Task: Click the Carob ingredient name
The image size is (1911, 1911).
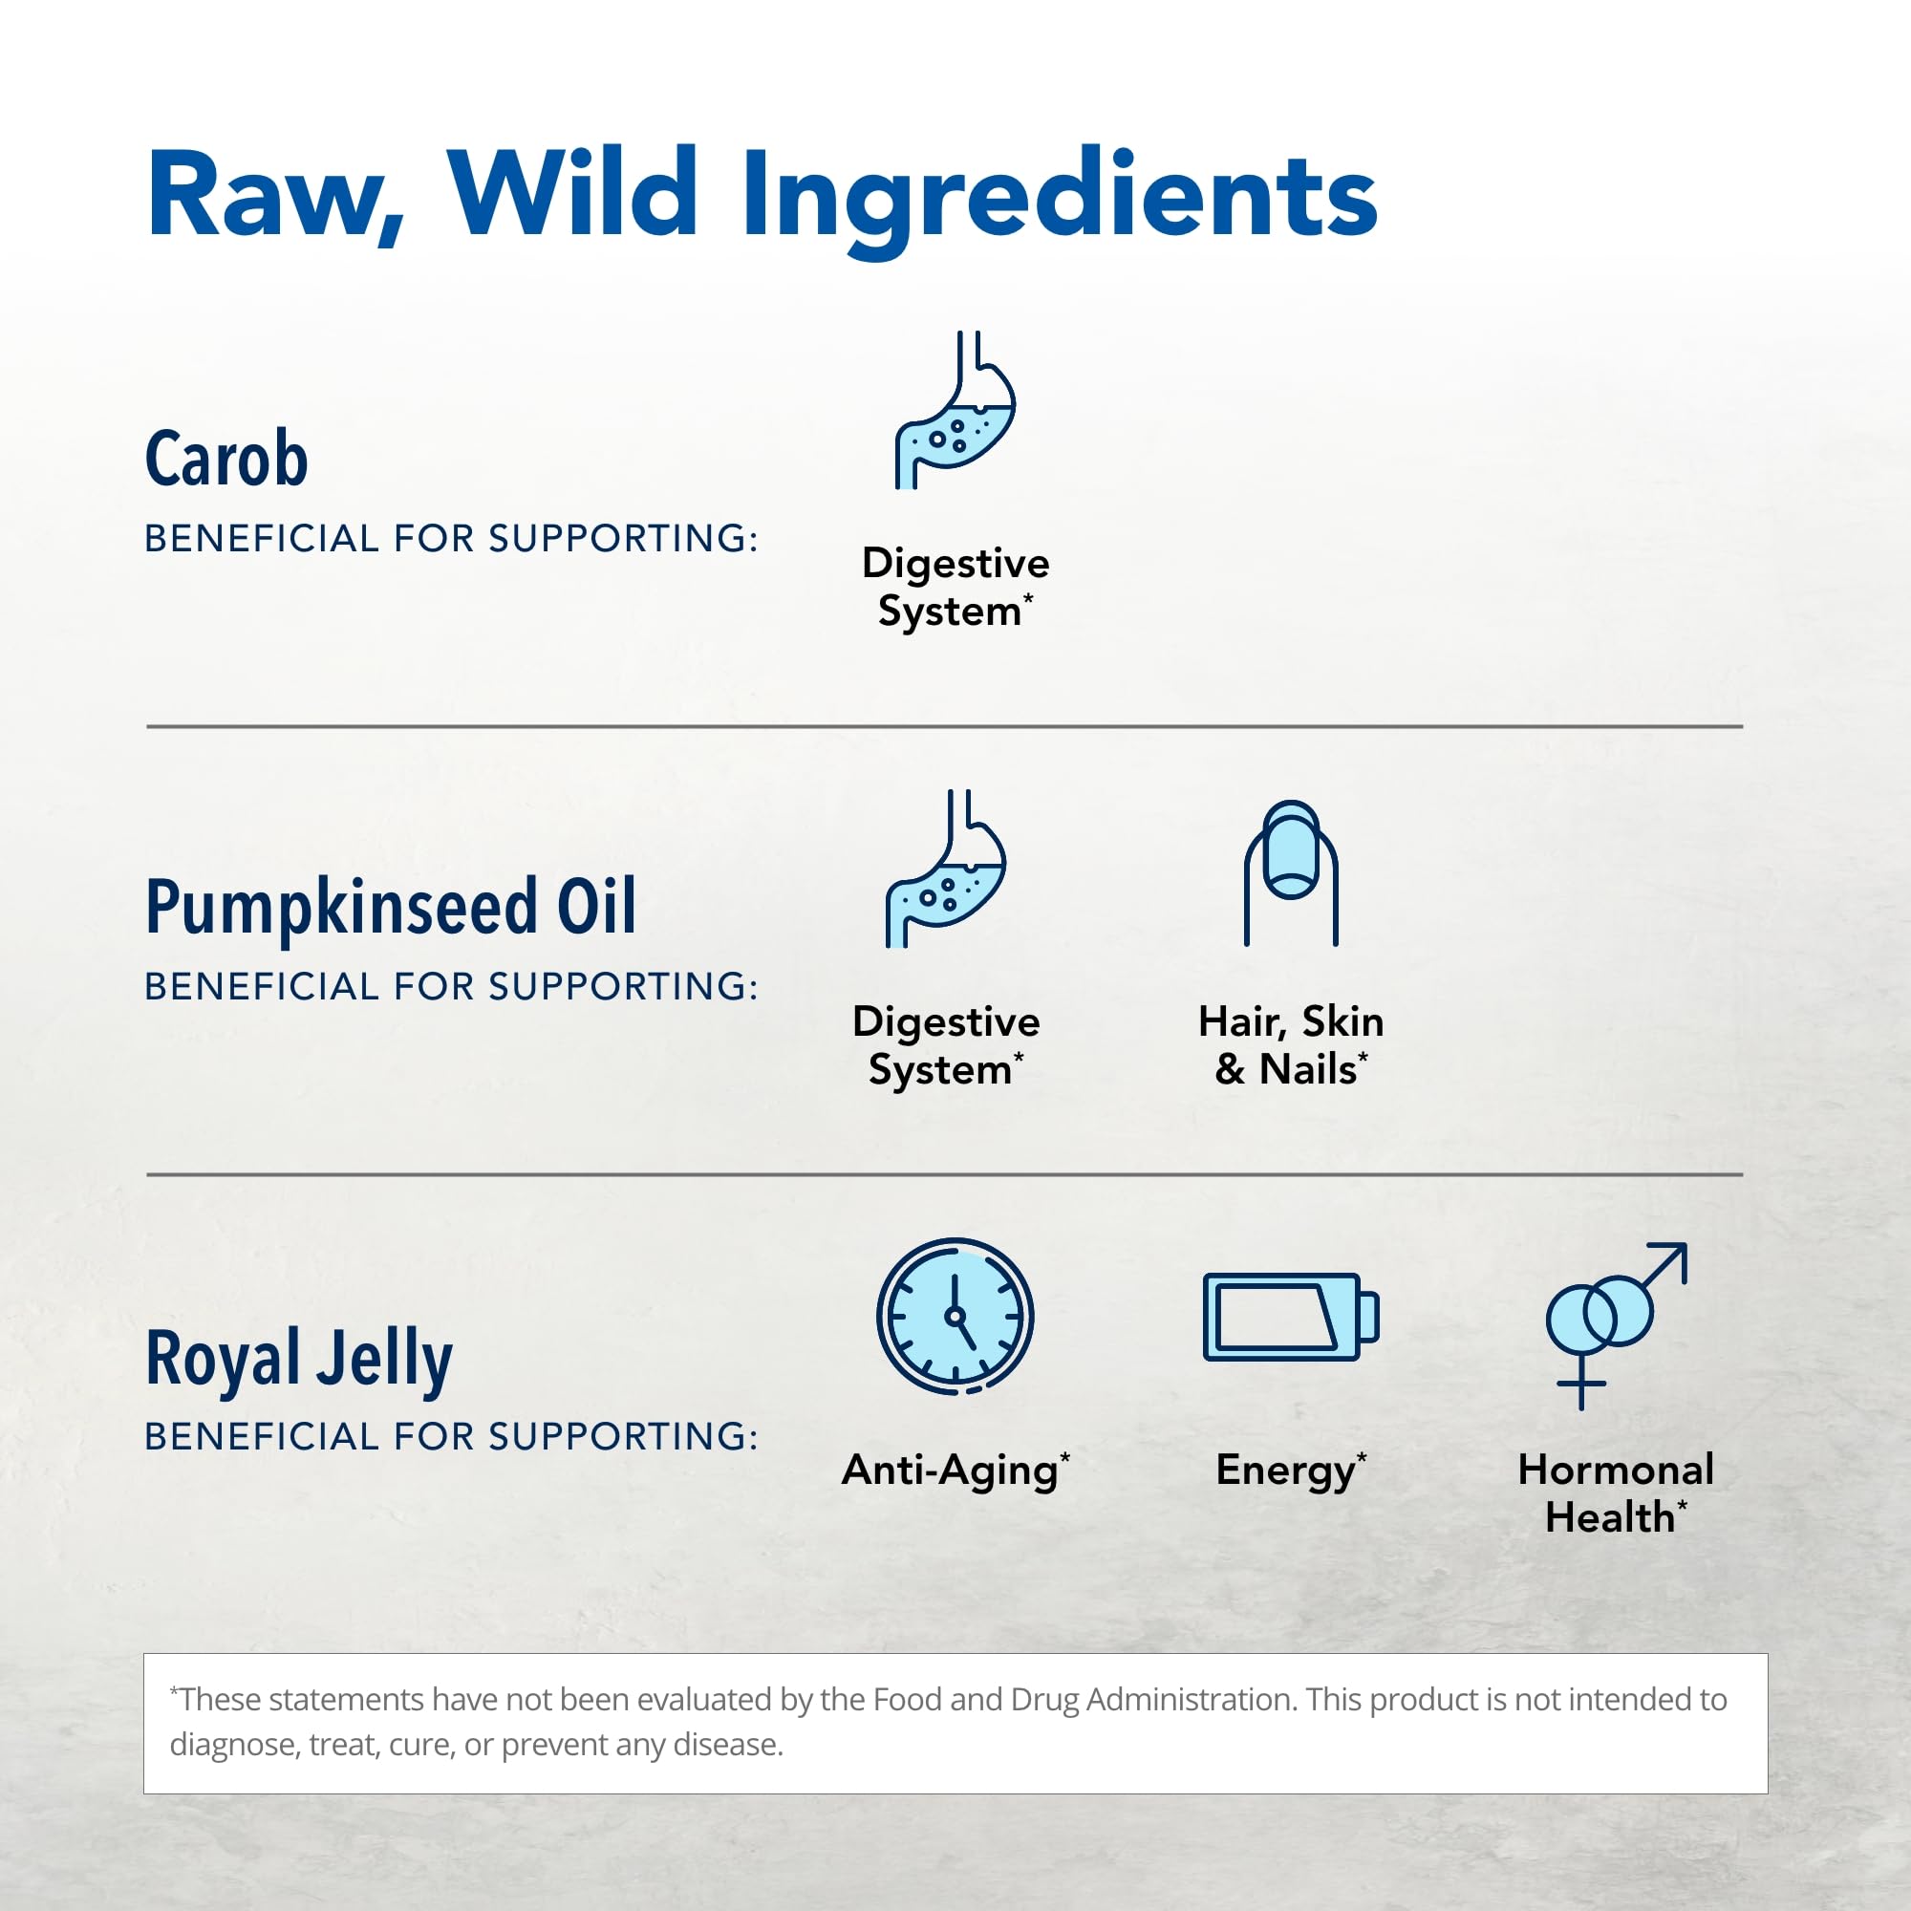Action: pyautogui.click(x=226, y=459)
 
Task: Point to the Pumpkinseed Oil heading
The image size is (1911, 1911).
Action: pyautogui.click(x=391, y=907)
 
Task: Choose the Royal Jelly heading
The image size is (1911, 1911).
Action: pyautogui.click(x=299, y=1360)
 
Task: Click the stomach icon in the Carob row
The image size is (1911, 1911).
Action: pyautogui.click(x=955, y=410)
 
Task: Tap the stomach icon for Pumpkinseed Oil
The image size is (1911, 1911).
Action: pyautogui.click(x=945, y=869)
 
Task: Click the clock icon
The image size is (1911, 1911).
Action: pyautogui.click(x=955, y=1316)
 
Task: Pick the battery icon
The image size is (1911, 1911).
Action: pyautogui.click(x=1291, y=1317)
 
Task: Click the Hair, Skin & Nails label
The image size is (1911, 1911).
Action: pyautogui.click(x=1291, y=1045)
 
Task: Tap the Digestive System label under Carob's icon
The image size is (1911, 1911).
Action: pyautogui.click(x=955, y=587)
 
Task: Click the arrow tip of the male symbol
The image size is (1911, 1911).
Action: pyautogui.click(x=1685, y=1245)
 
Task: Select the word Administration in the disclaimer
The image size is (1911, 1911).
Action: pyautogui.click(x=1190, y=1698)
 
